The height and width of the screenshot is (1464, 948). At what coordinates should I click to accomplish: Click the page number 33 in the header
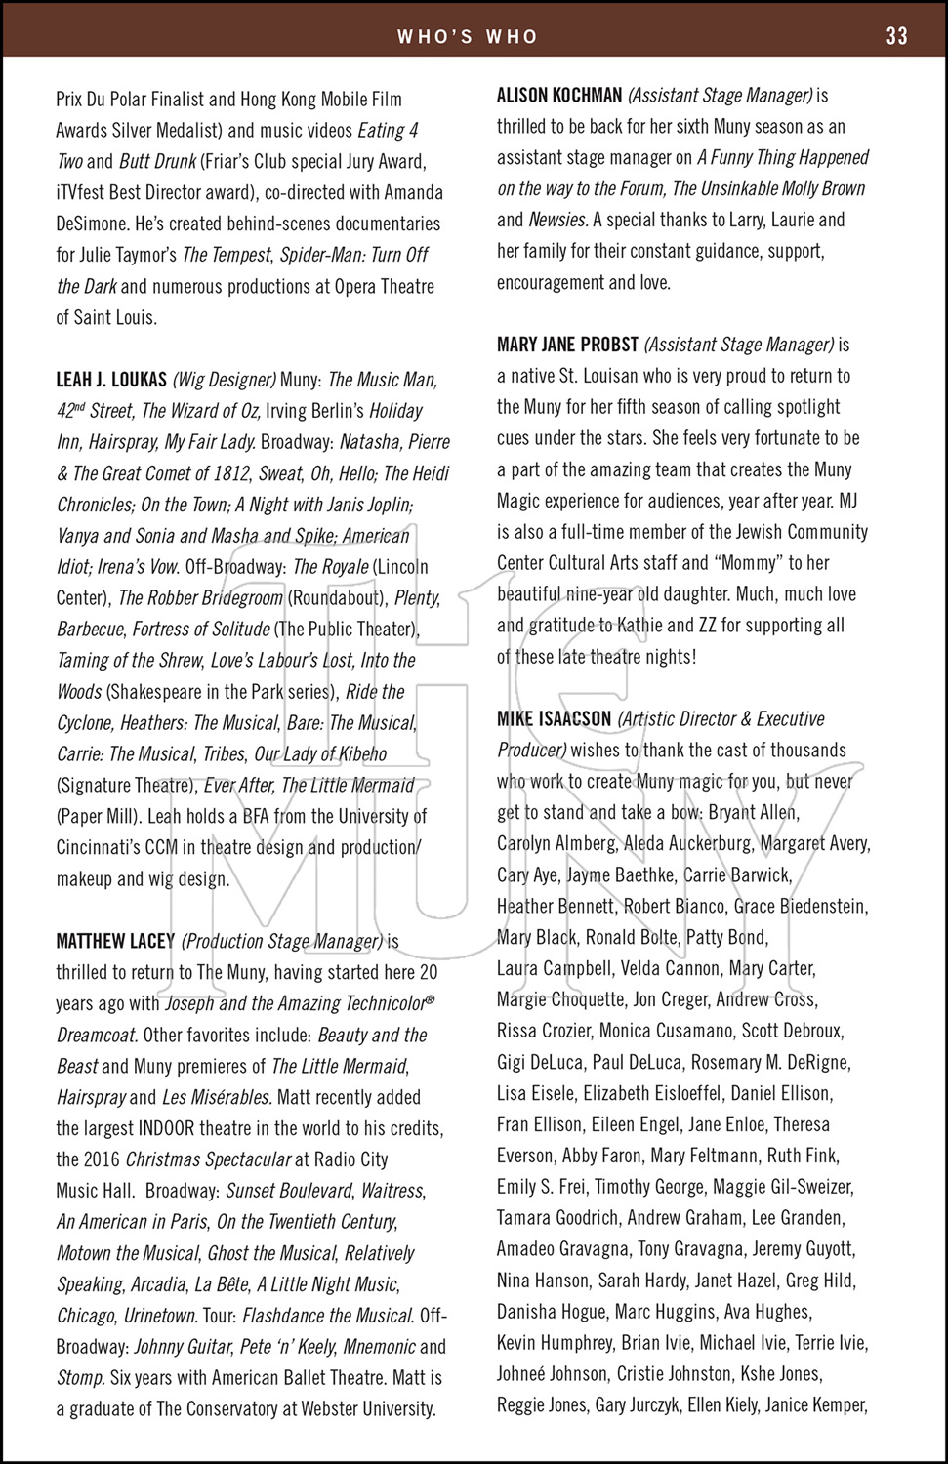896,36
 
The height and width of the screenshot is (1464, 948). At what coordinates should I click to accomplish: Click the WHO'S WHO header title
468,37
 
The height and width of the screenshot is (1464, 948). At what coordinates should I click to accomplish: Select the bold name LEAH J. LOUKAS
111,380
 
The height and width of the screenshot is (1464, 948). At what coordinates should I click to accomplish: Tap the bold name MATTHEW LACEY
115,942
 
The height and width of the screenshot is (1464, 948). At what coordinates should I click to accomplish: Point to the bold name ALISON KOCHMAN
559,96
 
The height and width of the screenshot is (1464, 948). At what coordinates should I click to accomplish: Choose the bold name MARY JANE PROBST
567,345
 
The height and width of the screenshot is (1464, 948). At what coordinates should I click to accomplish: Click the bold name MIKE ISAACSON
555,719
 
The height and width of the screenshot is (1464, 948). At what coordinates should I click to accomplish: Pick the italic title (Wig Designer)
225,380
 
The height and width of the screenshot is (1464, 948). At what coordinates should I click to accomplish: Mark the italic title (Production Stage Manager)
282,942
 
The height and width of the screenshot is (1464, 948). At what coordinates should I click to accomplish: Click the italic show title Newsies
557,220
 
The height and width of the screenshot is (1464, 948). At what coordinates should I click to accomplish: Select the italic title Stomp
80,1378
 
